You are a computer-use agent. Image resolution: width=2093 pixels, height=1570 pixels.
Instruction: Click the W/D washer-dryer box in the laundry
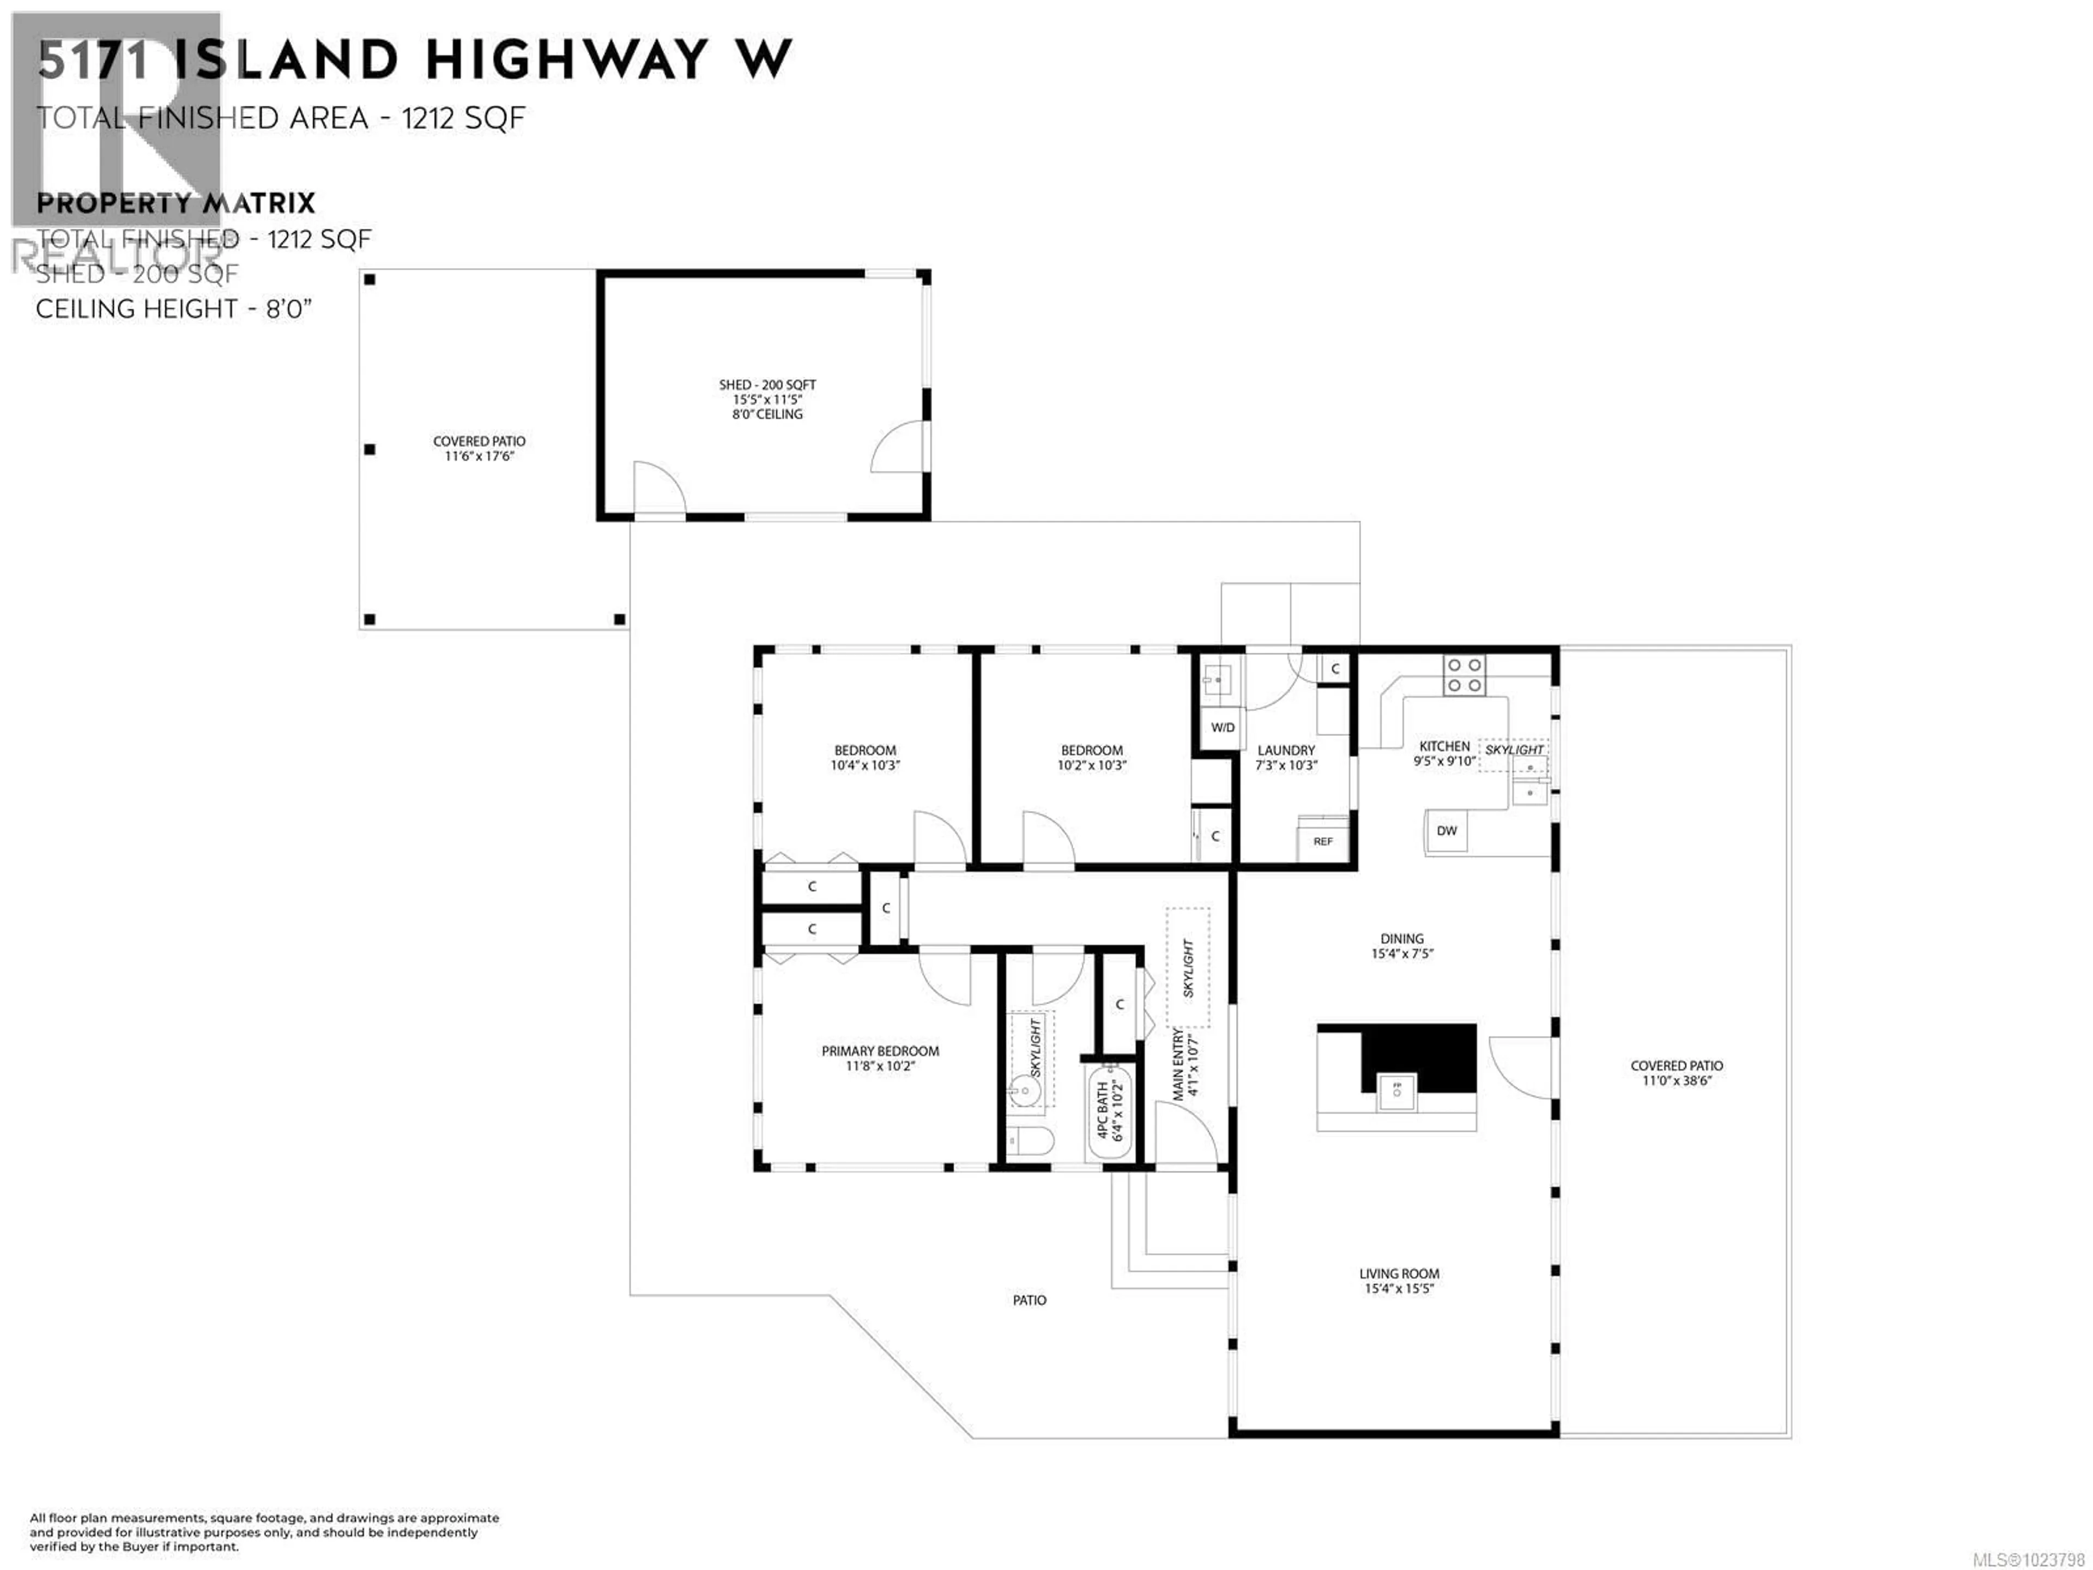click(1223, 728)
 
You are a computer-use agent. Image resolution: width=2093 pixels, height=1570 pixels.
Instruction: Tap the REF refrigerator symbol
click(1323, 841)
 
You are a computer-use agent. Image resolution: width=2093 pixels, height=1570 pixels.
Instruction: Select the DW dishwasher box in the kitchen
click(1447, 831)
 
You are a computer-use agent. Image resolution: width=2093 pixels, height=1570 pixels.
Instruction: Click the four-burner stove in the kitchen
click(1464, 675)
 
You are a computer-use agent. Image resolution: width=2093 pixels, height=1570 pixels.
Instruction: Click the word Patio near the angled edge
click(1030, 1300)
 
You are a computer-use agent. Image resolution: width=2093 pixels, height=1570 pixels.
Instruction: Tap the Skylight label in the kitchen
click(1514, 750)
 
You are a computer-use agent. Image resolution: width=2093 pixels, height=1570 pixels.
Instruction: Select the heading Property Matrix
click(175, 203)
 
